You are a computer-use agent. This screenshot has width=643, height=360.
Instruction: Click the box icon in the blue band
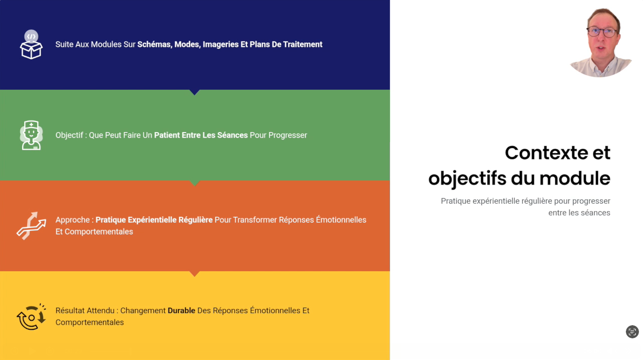pyautogui.click(x=31, y=44)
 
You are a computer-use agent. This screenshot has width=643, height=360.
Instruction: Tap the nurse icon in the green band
pyautogui.click(x=31, y=135)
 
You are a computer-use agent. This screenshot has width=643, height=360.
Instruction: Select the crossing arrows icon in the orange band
pyautogui.click(x=31, y=226)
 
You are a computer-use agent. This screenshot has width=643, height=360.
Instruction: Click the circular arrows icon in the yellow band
pyautogui.click(x=31, y=317)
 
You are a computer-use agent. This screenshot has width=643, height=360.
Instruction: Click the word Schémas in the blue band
pyautogui.click(x=154, y=44)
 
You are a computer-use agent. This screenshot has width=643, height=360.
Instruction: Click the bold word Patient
pyautogui.click(x=167, y=135)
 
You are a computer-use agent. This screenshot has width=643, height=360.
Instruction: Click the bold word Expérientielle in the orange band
pyautogui.click(x=152, y=220)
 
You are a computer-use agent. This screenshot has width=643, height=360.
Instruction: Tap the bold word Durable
pyautogui.click(x=181, y=311)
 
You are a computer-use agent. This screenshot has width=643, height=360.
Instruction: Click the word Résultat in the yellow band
pyautogui.click(x=71, y=311)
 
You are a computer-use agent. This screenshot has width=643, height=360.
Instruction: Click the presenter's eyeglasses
pyautogui.click(x=602, y=32)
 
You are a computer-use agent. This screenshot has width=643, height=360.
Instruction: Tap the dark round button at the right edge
pyautogui.click(x=632, y=332)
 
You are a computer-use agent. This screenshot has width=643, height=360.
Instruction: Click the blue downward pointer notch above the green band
pyautogui.click(x=195, y=92)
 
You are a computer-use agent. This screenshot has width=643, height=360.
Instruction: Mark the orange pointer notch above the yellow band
pyautogui.click(x=195, y=274)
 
